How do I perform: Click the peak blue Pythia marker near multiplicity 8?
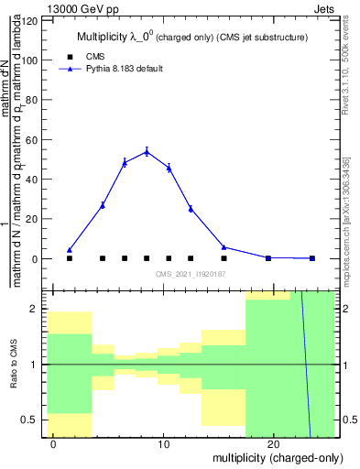click(147, 152)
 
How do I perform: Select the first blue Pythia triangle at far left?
click(70, 250)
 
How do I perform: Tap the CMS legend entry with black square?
click(88, 57)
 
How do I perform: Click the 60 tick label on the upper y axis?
click(32, 139)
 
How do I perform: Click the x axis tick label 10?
click(163, 445)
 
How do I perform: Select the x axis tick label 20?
click(273, 445)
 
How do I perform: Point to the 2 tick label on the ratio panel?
click(35, 309)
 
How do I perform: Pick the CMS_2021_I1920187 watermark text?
click(191, 274)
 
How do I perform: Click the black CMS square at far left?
click(70, 258)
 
